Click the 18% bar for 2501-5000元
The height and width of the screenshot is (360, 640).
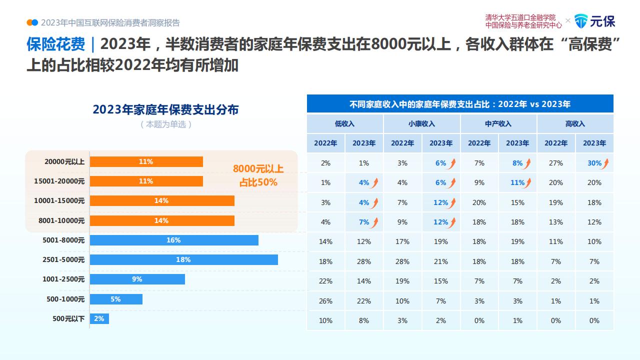183,259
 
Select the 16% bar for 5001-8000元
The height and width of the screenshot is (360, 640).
174,240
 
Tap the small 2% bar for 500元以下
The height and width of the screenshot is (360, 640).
99,319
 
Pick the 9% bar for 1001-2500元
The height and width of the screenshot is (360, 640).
137,279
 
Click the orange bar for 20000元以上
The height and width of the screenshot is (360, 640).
146,161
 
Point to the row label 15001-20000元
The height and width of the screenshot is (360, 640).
59,181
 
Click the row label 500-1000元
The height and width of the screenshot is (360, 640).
65,299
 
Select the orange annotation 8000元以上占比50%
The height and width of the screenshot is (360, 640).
258,175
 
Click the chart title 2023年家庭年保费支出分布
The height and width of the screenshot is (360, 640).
165,109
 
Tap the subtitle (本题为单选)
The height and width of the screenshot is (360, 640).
166,124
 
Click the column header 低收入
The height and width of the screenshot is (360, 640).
345,123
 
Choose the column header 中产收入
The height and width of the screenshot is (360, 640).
498,123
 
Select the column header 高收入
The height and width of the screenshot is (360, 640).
575,123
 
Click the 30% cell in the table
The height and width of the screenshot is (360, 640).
594,163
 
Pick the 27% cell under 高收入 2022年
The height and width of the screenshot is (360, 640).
555,163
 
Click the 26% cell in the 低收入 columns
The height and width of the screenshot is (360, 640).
325,301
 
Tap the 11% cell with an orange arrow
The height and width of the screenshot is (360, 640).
517,182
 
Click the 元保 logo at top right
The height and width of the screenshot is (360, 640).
594,21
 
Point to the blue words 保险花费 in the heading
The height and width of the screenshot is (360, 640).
56,44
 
